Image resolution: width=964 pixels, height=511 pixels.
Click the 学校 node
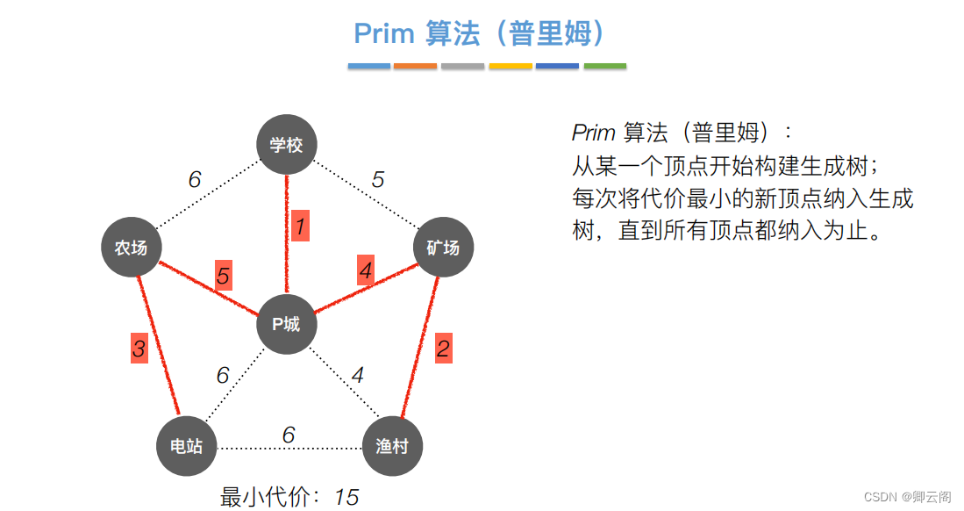(x=286, y=145)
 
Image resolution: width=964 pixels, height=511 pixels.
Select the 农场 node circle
(x=131, y=248)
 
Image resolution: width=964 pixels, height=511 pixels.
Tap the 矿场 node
(x=443, y=248)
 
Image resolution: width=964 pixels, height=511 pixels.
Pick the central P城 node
(x=286, y=324)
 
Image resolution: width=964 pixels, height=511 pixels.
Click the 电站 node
(x=186, y=445)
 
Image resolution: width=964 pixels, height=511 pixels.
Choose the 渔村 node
(x=392, y=445)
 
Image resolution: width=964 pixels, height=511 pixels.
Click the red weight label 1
(x=300, y=227)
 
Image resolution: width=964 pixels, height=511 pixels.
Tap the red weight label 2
(x=443, y=349)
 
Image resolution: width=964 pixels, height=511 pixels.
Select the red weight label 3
(x=139, y=349)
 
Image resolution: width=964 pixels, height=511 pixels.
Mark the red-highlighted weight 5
(x=224, y=277)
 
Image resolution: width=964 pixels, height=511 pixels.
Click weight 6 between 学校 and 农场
(x=195, y=180)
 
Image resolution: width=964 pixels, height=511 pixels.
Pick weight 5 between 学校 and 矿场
(x=377, y=180)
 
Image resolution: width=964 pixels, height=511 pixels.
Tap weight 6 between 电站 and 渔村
(x=289, y=435)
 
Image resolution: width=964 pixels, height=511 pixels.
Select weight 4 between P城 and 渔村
(x=357, y=375)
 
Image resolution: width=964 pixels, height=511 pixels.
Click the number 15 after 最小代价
(x=346, y=497)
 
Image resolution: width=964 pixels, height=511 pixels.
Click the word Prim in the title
(x=383, y=33)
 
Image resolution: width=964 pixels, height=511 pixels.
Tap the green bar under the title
(x=604, y=66)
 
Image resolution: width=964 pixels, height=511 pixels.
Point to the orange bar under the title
(x=415, y=66)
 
